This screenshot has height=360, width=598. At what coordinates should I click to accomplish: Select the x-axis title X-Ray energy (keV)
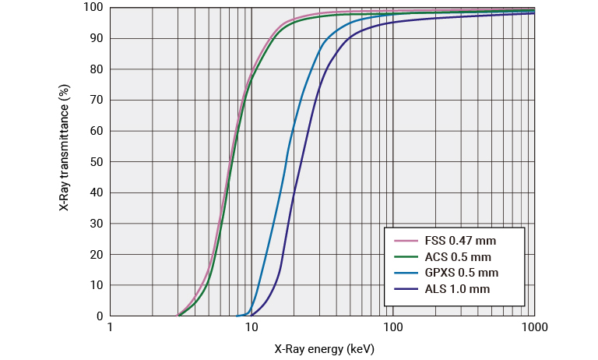point(324,348)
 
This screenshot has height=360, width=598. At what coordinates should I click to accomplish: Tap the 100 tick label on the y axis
point(93,8)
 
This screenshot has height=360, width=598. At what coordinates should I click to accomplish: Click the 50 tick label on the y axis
point(96,162)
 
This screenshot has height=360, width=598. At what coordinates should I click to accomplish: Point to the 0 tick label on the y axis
point(99,316)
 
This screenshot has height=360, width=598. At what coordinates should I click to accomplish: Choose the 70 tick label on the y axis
point(96,101)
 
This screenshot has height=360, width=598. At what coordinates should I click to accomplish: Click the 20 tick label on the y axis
point(96,255)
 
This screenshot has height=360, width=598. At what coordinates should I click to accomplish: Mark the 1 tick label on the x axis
point(111,330)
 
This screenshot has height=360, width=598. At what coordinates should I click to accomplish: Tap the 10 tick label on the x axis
point(252,330)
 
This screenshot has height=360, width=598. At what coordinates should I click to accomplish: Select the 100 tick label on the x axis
point(392,330)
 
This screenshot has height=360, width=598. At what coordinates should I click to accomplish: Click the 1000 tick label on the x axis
point(533,330)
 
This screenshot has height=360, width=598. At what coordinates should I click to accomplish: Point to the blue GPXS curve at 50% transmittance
point(286,162)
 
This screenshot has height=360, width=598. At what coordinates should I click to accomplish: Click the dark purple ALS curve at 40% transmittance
point(294,193)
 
